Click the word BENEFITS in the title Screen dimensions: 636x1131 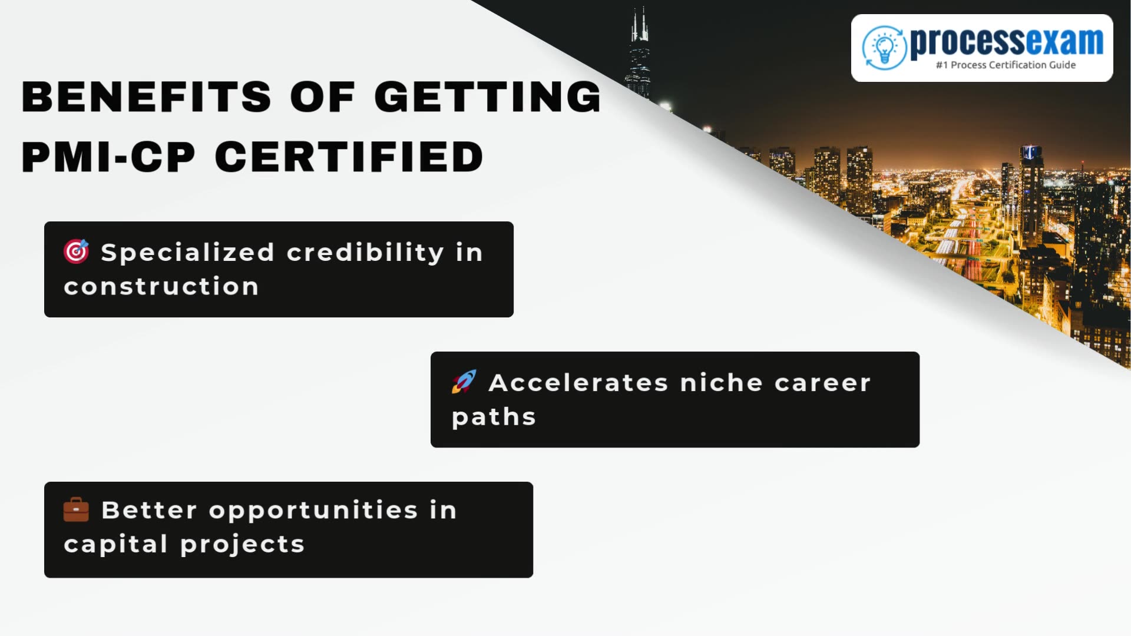[x=146, y=97]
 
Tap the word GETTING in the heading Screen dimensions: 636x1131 [x=487, y=97]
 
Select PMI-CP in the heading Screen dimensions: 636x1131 [x=108, y=157]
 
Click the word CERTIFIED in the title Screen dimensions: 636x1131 [x=349, y=157]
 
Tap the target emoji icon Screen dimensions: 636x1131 [x=76, y=251]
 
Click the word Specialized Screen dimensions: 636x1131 [x=187, y=253]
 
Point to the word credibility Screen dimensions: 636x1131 [x=365, y=253]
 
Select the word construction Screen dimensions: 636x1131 [x=161, y=287]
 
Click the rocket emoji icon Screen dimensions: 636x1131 [x=464, y=382]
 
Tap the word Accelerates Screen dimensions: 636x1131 [x=578, y=383]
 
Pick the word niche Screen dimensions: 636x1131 [x=721, y=383]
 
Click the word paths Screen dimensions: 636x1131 [x=494, y=418]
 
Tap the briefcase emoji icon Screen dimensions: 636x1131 [x=76, y=509]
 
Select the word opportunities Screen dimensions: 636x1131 [x=313, y=511]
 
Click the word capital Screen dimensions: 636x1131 [x=115, y=545]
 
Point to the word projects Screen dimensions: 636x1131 [x=242, y=545]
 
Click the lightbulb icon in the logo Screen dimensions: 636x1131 [x=884, y=47]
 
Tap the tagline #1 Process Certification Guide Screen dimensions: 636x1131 [x=1006, y=65]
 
